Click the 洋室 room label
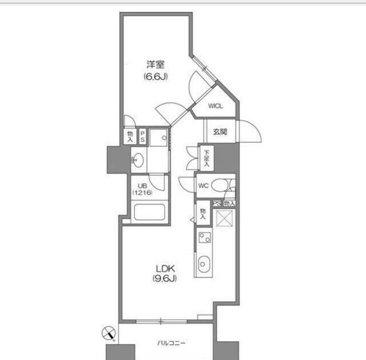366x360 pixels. click(156, 65)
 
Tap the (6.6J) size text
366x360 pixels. click(156, 77)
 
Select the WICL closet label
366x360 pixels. click(216, 106)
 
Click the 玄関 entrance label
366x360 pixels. click(220, 132)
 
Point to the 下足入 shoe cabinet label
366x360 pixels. click(206, 158)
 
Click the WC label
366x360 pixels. click(204, 186)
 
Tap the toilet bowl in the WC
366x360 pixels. click(221, 186)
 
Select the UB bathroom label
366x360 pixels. click(142, 186)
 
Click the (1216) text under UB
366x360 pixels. click(142, 193)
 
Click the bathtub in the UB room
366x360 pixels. click(150, 212)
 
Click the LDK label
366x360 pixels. click(165, 269)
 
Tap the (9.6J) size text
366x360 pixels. click(165, 278)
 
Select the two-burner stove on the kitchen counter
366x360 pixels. click(205, 238)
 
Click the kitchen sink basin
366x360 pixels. click(204, 264)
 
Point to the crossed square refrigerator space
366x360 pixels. click(224, 218)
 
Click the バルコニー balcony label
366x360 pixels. click(172, 343)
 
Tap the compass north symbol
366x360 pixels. click(109, 333)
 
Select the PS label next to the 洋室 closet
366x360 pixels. click(142, 136)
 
